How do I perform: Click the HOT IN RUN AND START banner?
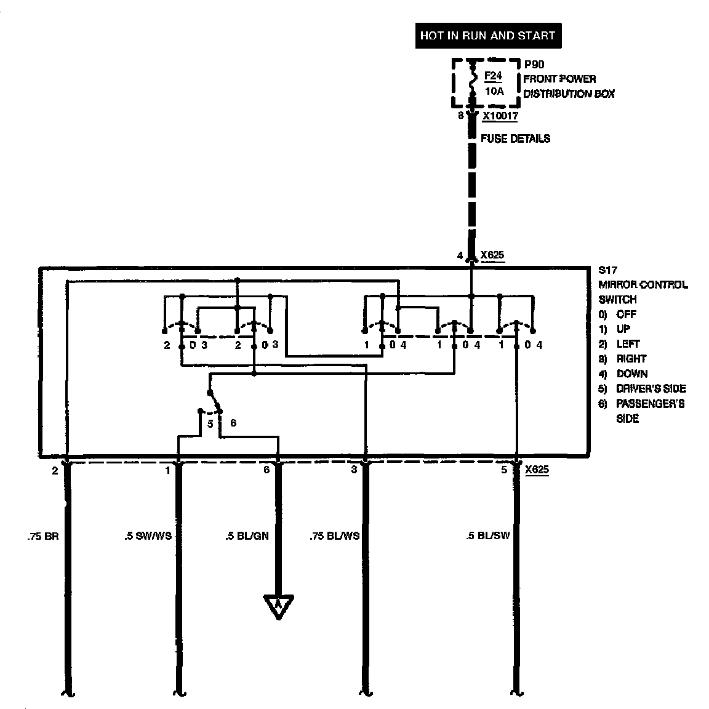(487, 36)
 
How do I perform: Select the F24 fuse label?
(493, 76)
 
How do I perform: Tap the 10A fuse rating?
(494, 91)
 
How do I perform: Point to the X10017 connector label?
(500, 116)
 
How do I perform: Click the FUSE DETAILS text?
(515, 138)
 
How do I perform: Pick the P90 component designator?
(534, 64)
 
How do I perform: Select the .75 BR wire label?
(42, 536)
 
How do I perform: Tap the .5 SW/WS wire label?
(148, 536)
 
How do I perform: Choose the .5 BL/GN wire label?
(246, 536)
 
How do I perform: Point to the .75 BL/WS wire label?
(334, 536)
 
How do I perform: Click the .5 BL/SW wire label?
(488, 536)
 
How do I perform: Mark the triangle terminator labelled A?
(278, 605)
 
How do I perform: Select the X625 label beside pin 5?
(537, 470)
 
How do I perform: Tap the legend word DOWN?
(632, 374)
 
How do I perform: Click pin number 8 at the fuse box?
(461, 115)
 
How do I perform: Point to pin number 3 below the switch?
(354, 470)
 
